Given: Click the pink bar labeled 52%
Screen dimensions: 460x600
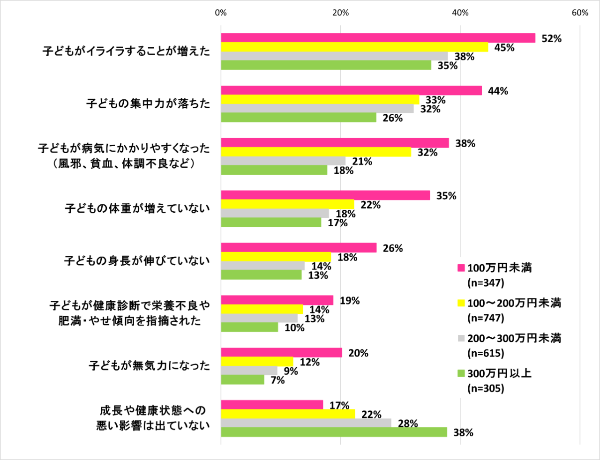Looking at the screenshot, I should (x=378, y=38).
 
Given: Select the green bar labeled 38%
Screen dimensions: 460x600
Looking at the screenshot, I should (x=334, y=432).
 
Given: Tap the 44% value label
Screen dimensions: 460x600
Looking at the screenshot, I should (x=498, y=91).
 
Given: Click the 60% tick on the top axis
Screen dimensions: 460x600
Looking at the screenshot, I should (x=580, y=13).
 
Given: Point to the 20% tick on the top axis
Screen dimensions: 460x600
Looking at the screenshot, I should (x=341, y=13).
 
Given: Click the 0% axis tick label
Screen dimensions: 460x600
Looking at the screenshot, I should (x=221, y=13).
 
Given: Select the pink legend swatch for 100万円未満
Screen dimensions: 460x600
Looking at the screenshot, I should (x=461, y=268).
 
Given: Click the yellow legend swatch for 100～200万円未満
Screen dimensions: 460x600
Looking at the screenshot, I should (x=461, y=303).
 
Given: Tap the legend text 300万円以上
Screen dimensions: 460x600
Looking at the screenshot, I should (x=499, y=373).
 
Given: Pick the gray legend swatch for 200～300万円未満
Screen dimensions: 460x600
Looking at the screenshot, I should (x=461, y=338).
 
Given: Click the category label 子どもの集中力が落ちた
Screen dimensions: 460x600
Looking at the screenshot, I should (x=148, y=103).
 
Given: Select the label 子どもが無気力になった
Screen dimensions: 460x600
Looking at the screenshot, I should (x=149, y=365).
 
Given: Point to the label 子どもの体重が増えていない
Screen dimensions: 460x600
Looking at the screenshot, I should (x=137, y=208).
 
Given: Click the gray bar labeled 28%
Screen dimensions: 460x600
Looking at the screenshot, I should (x=306, y=423).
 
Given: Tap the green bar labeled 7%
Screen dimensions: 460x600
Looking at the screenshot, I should (x=242, y=380).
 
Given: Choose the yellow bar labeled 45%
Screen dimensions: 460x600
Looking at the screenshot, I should (x=354, y=47).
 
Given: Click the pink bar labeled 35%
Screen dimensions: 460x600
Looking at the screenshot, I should (x=325, y=196).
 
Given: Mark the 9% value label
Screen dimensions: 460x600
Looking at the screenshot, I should (x=291, y=371).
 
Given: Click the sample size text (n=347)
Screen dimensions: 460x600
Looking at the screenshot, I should (x=486, y=283).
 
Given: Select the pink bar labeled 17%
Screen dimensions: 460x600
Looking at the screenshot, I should (x=272, y=405).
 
